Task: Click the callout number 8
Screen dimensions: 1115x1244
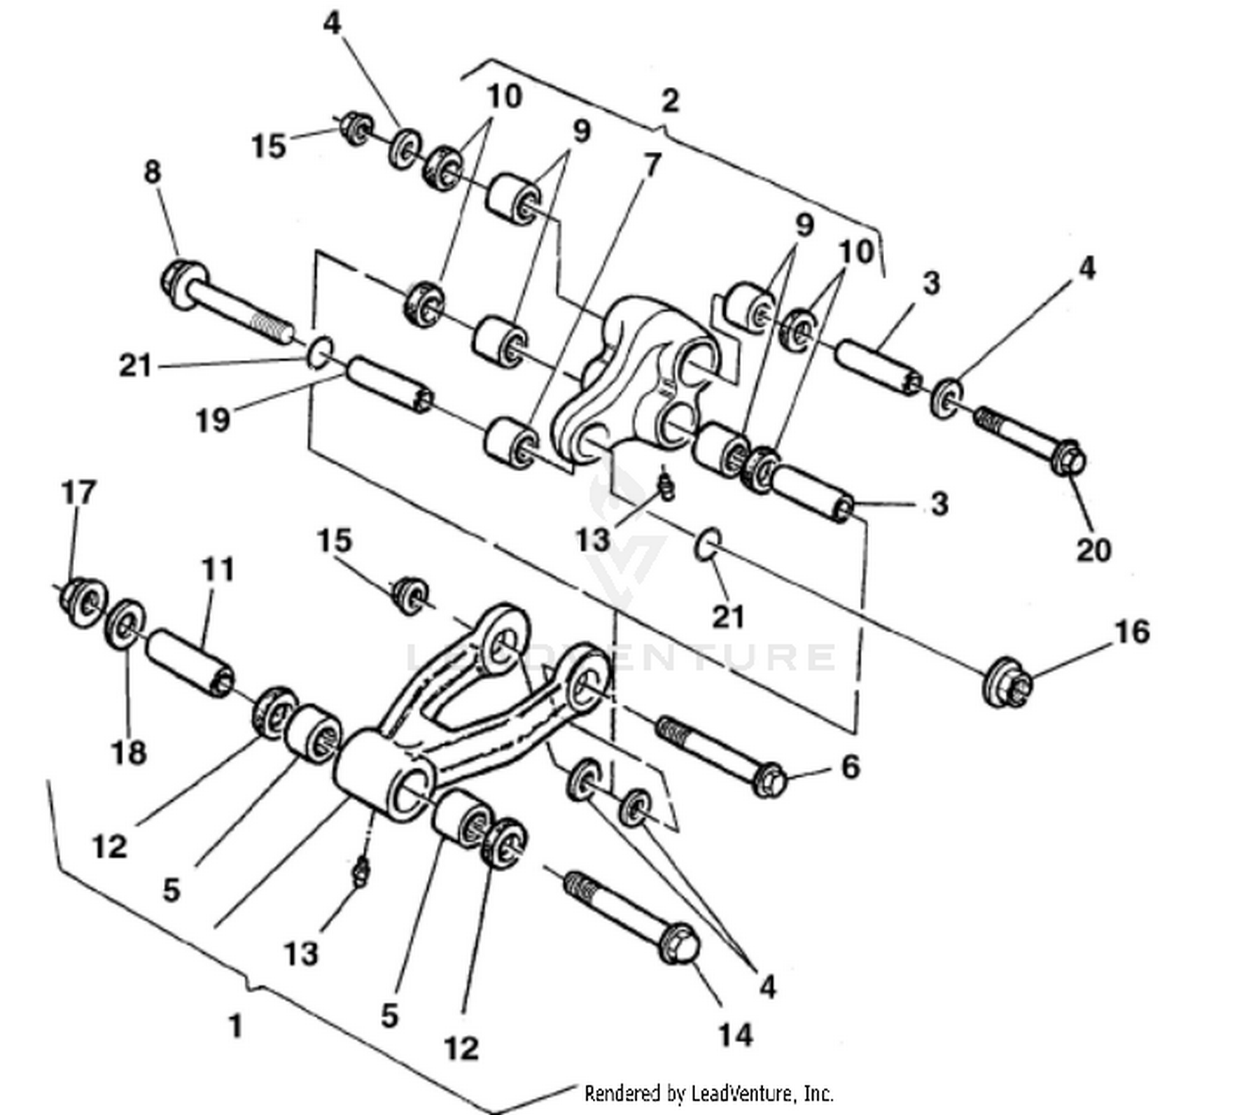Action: pos(152,173)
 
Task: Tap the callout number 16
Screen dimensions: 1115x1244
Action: pos(1131,632)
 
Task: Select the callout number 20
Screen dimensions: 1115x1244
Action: pos(1092,549)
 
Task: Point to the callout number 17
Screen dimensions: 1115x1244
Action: pos(79,493)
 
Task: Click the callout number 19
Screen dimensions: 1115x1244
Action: pos(212,420)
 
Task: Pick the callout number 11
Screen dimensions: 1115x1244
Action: pos(218,569)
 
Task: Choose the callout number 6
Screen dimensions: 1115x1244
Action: pos(850,767)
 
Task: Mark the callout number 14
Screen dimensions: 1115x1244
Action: pos(735,1035)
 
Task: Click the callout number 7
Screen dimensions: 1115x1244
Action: pos(652,165)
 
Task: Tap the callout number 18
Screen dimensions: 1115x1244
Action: pos(129,752)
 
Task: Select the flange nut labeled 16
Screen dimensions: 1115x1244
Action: pos(1007,683)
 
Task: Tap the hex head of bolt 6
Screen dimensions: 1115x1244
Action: pos(770,780)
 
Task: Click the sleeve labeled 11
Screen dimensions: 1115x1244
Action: pos(190,663)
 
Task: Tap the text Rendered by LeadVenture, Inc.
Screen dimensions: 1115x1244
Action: pos(708,1093)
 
